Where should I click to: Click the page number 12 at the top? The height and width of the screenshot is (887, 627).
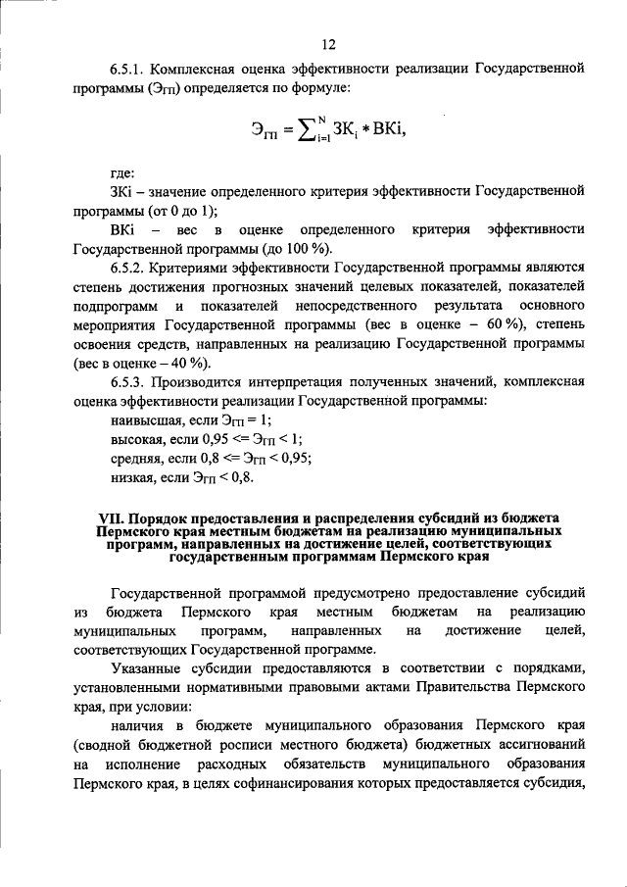tap(328, 43)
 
